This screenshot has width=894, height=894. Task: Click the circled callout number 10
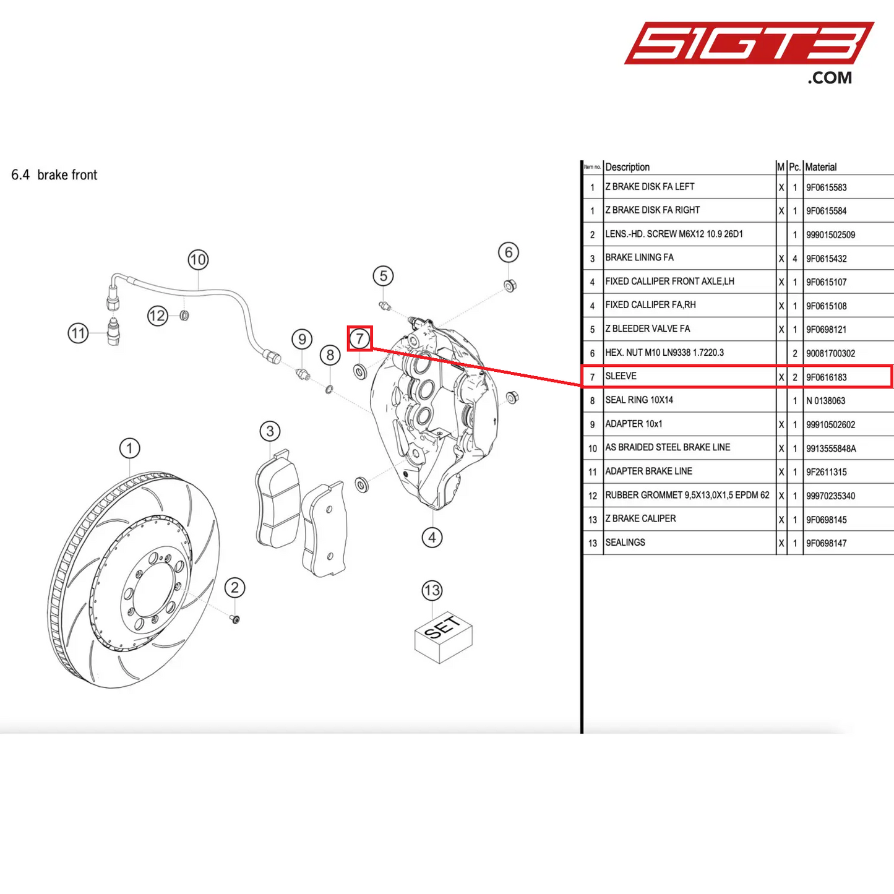[198, 260]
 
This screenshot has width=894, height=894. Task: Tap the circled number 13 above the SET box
[432, 590]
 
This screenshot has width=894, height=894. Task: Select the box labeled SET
[443, 637]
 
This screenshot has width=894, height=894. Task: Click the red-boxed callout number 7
[359, 338]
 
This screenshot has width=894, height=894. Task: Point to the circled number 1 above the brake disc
[129, 448]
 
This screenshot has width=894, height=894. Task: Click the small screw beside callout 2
[235, 619]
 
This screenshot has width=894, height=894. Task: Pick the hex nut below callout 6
[510, 286]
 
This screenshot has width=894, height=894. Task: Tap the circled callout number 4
[432, 538]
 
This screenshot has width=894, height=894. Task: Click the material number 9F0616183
[826, 377]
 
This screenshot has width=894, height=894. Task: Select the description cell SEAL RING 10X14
[639, 400]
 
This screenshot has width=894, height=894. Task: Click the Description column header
[627, 167]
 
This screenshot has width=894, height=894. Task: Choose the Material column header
[820, 167]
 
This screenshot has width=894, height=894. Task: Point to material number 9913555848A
[831, 449]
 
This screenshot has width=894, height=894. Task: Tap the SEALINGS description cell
[625, 543]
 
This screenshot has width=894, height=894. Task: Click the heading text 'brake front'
[67, 175]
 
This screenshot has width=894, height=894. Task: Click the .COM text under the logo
[829, 78]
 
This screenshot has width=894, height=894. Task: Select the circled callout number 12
[157, 316]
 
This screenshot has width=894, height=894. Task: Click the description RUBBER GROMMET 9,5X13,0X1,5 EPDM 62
[687, 496]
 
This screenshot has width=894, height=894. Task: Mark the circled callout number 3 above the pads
[270, 431]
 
